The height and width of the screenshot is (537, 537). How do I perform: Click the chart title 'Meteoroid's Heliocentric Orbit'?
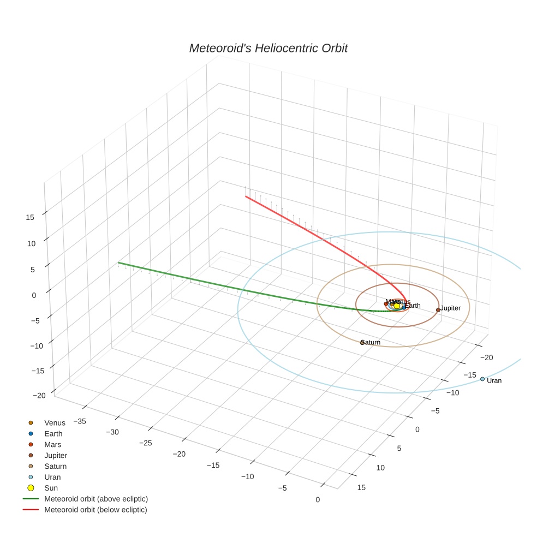268,48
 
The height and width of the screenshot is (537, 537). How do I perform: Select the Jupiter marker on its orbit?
438,309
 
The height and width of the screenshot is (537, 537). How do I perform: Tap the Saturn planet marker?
362,342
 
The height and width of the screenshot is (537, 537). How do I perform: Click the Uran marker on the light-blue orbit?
482,379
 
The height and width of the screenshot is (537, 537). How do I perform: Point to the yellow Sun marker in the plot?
397,306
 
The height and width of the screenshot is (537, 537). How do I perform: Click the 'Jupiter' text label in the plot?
451,308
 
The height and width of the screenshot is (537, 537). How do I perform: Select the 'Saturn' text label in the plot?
371,343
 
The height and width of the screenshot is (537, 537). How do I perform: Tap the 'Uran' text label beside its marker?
494,381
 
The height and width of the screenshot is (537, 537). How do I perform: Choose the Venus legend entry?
55,422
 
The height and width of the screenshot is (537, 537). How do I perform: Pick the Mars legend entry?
52,444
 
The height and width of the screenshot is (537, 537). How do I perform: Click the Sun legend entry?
51,488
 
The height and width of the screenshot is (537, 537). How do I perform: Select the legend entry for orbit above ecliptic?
96,499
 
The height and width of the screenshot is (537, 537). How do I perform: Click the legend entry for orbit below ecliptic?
96,510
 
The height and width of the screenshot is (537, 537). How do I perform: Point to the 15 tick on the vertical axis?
30,217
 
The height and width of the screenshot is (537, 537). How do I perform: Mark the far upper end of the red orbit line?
246,196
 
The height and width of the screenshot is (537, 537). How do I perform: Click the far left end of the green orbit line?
118,263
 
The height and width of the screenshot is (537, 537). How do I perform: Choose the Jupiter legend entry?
56,455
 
